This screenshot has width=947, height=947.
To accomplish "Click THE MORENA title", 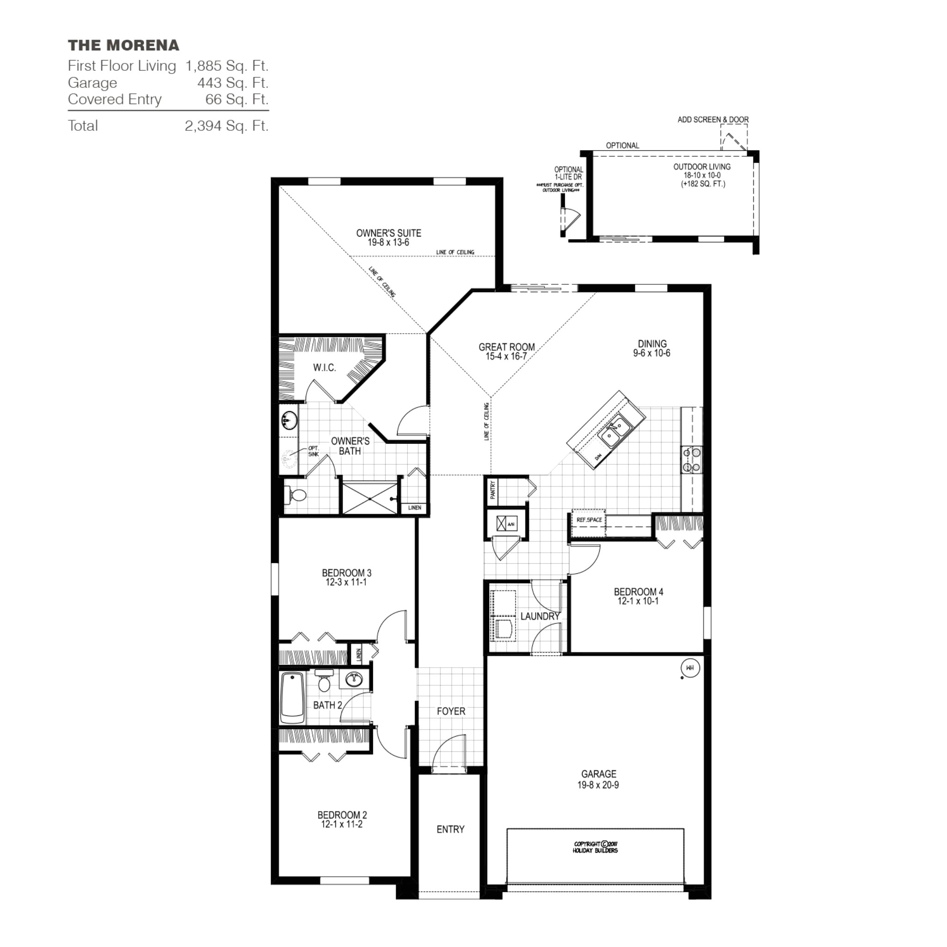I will click(x=123, y=46).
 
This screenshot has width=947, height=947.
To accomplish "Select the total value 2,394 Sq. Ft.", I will click(x=227, y=126).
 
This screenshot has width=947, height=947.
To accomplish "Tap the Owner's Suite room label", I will click(x=388, y=233).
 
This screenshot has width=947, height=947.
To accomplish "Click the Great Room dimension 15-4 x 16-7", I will click(x=506, y=357).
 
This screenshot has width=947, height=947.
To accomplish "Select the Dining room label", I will click(x=652, y=344).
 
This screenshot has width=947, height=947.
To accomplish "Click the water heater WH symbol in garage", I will click(x=689, y=668).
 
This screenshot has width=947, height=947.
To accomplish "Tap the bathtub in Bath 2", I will click(x=292, y=698).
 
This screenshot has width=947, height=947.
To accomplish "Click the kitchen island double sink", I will click(x=615, y=431).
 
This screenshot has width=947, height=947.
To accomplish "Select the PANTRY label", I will click(x=492, y=490).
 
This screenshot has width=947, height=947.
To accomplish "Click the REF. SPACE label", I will click(x=589, y=520).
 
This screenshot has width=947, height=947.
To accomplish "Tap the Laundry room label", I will click(x=540, y=616).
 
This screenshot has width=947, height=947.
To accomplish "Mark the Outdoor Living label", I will click(x=701, y=166).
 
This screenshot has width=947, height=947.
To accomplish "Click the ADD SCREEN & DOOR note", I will click(x=713, y=120).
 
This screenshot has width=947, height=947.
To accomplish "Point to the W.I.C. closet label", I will click(x=324, y=368).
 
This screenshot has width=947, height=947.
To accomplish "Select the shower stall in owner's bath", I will click(x=369, y=498).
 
